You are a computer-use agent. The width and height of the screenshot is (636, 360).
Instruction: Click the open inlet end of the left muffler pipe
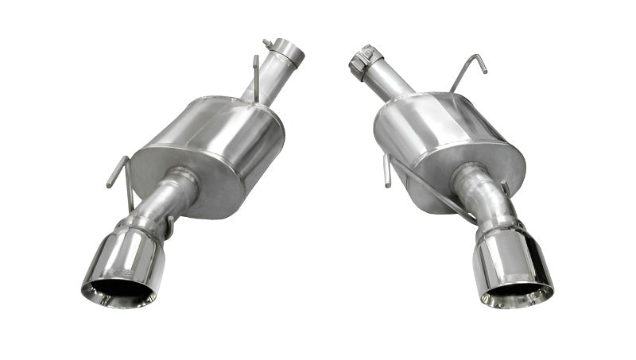296,54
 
